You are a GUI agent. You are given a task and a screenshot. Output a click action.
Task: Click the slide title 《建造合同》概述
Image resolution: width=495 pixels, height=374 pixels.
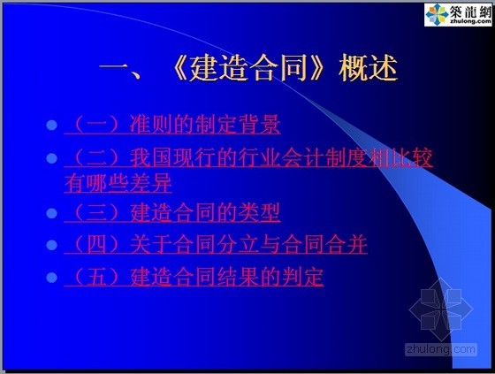pyautogui.click(x=248, y=68)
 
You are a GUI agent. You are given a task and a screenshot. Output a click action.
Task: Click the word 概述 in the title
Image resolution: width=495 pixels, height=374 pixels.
pyautogui.click(x=368, y=68)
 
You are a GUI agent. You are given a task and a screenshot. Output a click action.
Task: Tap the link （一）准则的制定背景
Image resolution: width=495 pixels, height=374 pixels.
pyautogui.click(x=172, y=125)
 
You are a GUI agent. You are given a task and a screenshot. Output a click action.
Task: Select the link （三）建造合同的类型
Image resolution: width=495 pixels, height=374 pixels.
pyautogui.click(x=172, y=212)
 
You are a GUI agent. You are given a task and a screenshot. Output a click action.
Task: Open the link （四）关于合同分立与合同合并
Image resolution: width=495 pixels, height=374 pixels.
pyautogui.click(x=216, y=244)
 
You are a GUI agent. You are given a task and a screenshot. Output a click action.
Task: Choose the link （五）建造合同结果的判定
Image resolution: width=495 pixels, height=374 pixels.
pyautogui.click(x=194, y=277)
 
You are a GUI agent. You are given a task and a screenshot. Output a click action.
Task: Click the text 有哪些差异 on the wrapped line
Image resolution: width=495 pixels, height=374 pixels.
pyautogui.click(x=118, y=183)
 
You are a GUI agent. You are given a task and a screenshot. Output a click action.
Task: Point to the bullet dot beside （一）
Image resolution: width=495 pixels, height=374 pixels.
pyautogui.click(x=52, y=125)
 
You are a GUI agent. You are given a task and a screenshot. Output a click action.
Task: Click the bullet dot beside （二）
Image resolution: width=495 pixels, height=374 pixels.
pyautogui.click(x=52, y=158)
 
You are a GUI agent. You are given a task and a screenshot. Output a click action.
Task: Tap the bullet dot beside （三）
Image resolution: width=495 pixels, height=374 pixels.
pyautogui.click(x=52, y=213)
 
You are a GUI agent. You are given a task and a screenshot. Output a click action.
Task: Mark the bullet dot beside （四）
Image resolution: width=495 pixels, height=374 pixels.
pyautogui.click(x=52, y=245)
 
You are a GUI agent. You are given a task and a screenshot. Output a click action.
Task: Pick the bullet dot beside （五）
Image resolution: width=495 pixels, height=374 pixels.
pyautogui.click(x=52, y=278)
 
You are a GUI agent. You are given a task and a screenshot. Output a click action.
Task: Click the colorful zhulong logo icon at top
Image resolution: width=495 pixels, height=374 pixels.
pyautogui.click(x=437, y=14)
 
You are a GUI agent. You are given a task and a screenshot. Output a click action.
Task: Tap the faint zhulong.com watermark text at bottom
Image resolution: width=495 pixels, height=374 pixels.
pyautogui.click(x=441, y=349)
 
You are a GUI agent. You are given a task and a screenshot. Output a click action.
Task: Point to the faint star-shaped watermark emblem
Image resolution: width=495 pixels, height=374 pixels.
pyautogui.click(x=441, y=309)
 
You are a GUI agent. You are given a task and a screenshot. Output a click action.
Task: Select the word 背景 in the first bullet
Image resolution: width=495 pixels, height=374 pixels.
pyautogui.click(x=259, y=124)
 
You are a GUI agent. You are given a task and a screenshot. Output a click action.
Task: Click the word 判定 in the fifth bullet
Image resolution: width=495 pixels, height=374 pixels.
pyautogui.click(x=302, y=277)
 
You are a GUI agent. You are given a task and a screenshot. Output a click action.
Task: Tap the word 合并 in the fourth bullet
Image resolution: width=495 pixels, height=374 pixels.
pyautogui.click(x=346, y=244)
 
